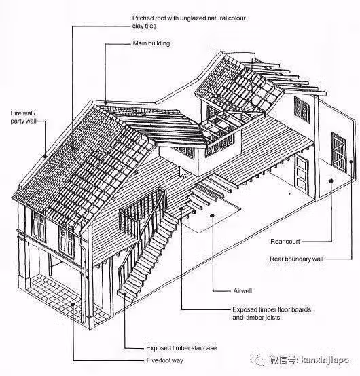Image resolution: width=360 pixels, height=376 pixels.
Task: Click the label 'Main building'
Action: [151, 43]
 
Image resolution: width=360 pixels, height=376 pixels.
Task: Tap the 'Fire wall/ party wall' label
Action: [23, 117]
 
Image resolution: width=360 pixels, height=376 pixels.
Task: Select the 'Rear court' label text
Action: [285, 241]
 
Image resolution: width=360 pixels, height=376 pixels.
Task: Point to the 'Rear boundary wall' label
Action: [296, 259]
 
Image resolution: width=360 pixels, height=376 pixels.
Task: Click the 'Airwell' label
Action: [242, 291]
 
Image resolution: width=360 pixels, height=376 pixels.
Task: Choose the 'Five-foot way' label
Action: [164, 360]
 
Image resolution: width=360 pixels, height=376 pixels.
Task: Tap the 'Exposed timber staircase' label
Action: [181, 348]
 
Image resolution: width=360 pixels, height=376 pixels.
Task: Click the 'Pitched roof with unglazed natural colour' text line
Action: [189, 18]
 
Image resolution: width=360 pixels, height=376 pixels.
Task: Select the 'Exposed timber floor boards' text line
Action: [272, 309]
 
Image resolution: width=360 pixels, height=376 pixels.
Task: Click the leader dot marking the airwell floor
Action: [212, 215]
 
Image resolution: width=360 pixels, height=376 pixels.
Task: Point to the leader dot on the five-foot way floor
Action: [73, 304]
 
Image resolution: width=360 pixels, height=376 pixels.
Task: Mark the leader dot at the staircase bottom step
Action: [125, 293]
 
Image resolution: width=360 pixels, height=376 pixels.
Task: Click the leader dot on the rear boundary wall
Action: [351, 162]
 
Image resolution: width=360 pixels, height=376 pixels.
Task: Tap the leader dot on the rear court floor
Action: [331, 181]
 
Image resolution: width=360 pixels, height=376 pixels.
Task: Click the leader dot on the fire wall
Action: [45, 157]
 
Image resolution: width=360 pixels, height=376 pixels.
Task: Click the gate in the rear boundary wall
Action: [339, 152]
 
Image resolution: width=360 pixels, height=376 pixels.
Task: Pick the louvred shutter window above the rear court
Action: [302, 109]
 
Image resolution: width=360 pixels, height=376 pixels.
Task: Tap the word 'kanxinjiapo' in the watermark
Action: [325, 360]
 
